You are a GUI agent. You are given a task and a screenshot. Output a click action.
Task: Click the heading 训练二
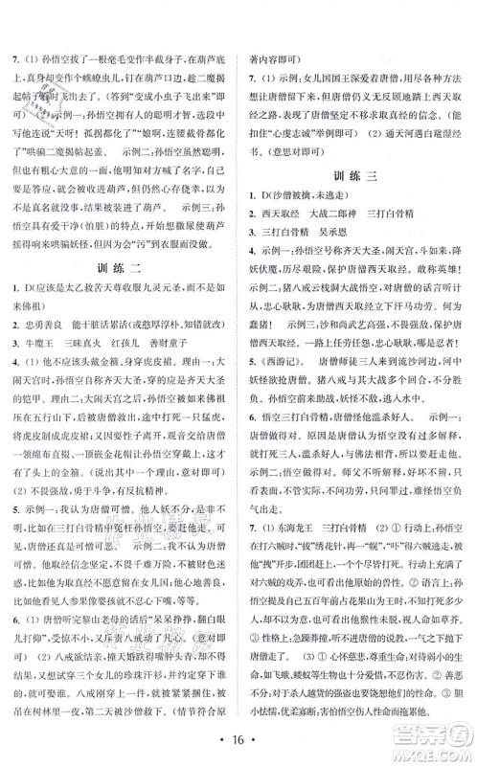[x=122, y=292]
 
